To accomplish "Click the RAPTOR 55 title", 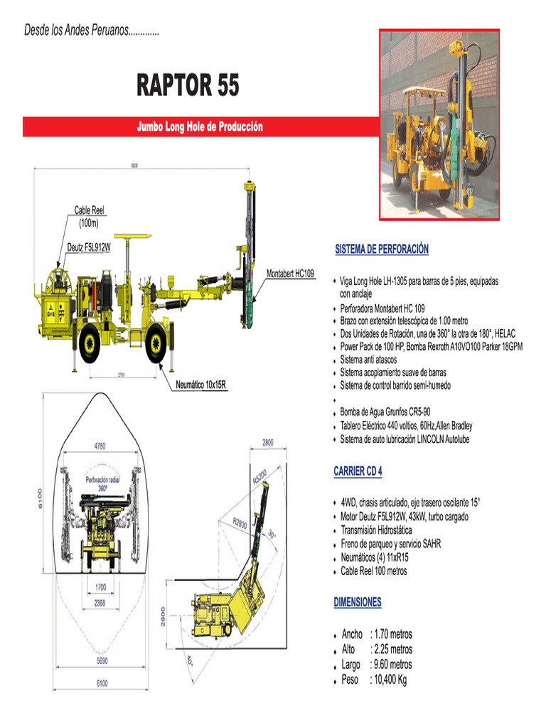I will point(188,86).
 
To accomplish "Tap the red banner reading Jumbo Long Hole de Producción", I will point(200,127).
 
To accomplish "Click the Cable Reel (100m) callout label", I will point(90,216).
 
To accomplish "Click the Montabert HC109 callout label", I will point(290,274).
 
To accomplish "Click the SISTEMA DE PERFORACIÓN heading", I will point(382,250).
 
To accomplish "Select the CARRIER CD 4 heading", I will point(358,471).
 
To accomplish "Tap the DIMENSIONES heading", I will point(358,602).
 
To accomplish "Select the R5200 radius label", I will point(259,476).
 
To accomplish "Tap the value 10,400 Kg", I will point(388,680).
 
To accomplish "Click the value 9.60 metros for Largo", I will point(391,665).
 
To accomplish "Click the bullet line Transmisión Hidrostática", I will point(376,530).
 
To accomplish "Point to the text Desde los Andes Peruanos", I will point(92,32).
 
